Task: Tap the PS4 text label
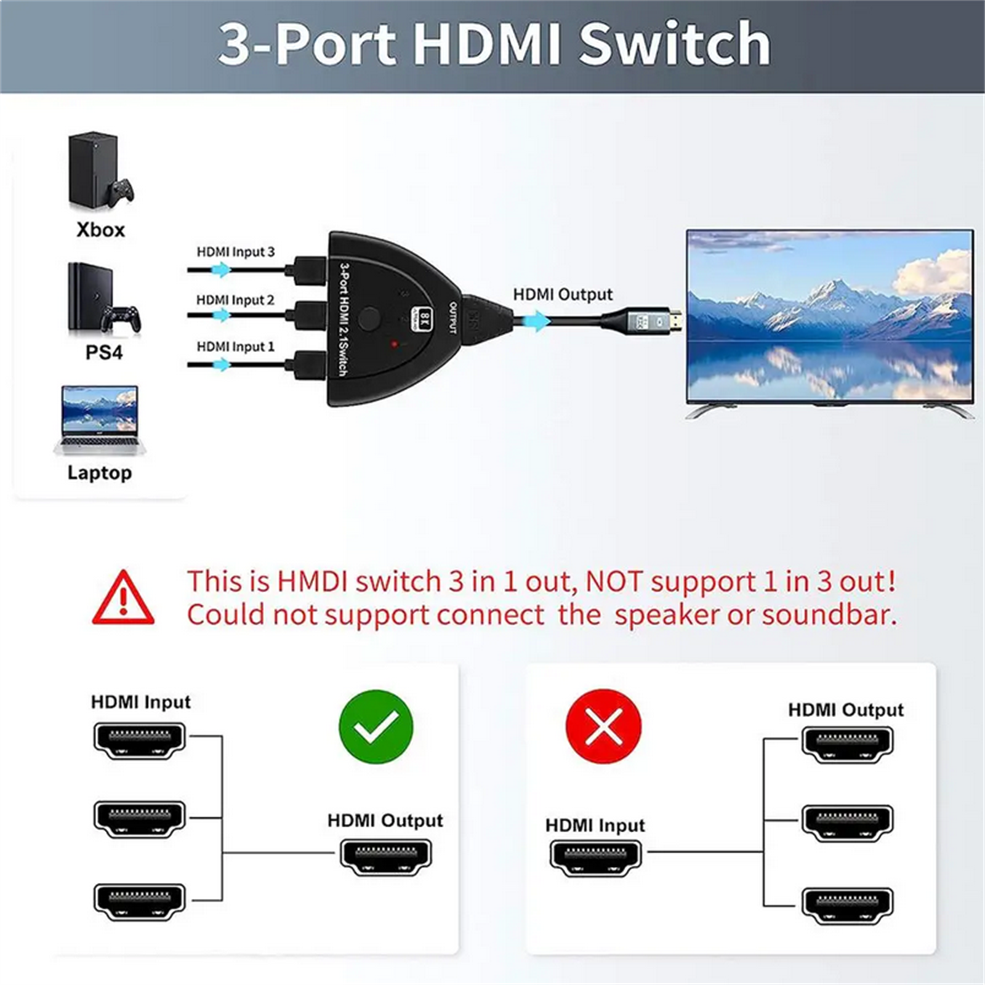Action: pyautogui.click(x=103, y=353)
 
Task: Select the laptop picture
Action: pyautogui.click(x=100, y=420)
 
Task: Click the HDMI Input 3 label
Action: pyautogui.click(x=235, y=252)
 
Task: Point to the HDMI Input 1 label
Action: pyautogui.click(x=235, y=347)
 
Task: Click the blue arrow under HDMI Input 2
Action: pyautogui.click(x=220, y=316)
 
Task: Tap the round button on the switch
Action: pyautogui.click(x=369, y=318)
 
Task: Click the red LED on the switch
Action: pyautogui.click(x=395, y=344)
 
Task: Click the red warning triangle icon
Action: pyautogui.click(x=123, y=598)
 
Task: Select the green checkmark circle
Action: pyautogui.click(x=376, y=726)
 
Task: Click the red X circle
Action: pyautogui.click(x=603, y=726)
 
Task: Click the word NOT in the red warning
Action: pyautogui.click(x=614, y=582)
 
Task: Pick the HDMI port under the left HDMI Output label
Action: pyautogui.click(x=386, y=856)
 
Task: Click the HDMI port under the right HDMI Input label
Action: pyautogui.click(x=595, y=857)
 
